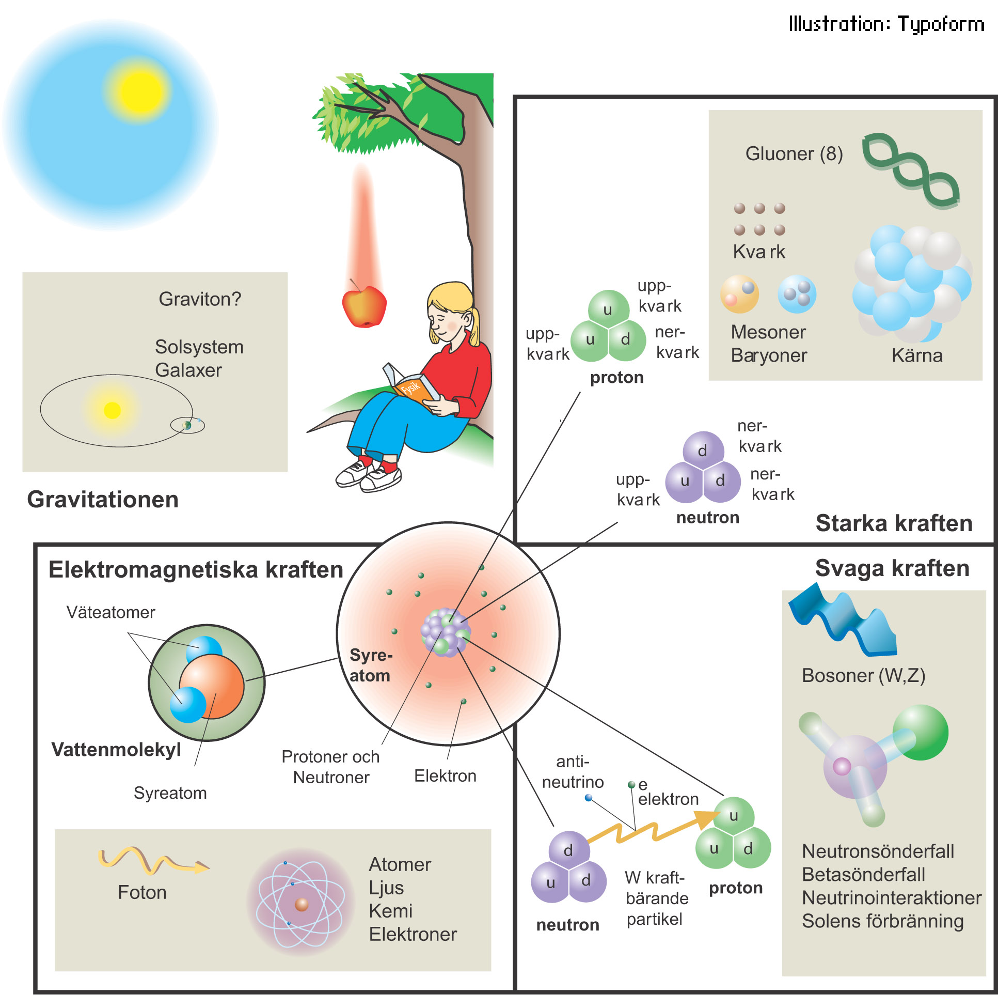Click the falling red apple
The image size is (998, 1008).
pyautogui.click(x=364, y=307)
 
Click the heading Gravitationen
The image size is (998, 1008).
pyautogui.click(x=103, y=500)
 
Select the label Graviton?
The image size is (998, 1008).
pyautogui.click(x=200, y=300)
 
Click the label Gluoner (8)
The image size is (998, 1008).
pyautogui.click(x=794, y=154)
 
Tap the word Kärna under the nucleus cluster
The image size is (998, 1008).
pyautogui.click(x=916, y=356)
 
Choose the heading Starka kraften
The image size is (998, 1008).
pyautogui.click(x=894, y=523)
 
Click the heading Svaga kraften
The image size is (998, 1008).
pyautogui.click(x=892, y=568)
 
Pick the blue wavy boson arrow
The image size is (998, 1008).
pyautogui.click(x=842, y=621)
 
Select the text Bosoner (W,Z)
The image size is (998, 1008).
pyautogui.click(x=863, y=676)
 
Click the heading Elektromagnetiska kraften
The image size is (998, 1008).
pyautogui.click(x=196, y=570)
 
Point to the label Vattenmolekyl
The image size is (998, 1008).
pyautogui.click(x=116, y=750)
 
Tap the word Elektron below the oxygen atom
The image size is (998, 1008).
pyautogui.click(x=445, y=776)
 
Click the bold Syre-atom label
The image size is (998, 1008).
pyautogui.click(x=370, y=665)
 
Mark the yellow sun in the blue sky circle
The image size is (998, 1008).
pyautogui.click(x=139, y=92)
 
